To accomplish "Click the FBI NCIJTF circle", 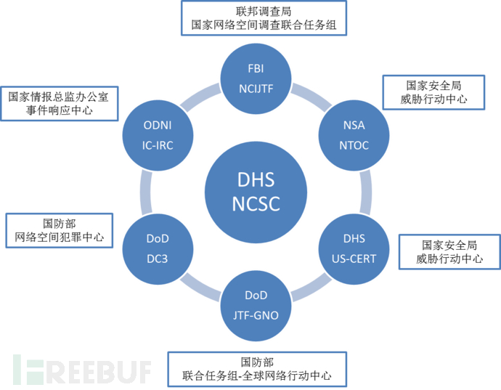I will click(x=256, y=78).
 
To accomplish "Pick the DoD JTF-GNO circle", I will click(x=256, y=304).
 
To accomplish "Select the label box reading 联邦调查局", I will click(x=264, y=18).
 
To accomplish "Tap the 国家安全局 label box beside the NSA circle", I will click(x=433, y=92).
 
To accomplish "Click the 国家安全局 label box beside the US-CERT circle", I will click(x=449, y=251).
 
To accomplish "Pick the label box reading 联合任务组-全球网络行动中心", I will click(x=257, y=369).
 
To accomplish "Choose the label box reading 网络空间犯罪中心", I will click(x=59, y=230).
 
